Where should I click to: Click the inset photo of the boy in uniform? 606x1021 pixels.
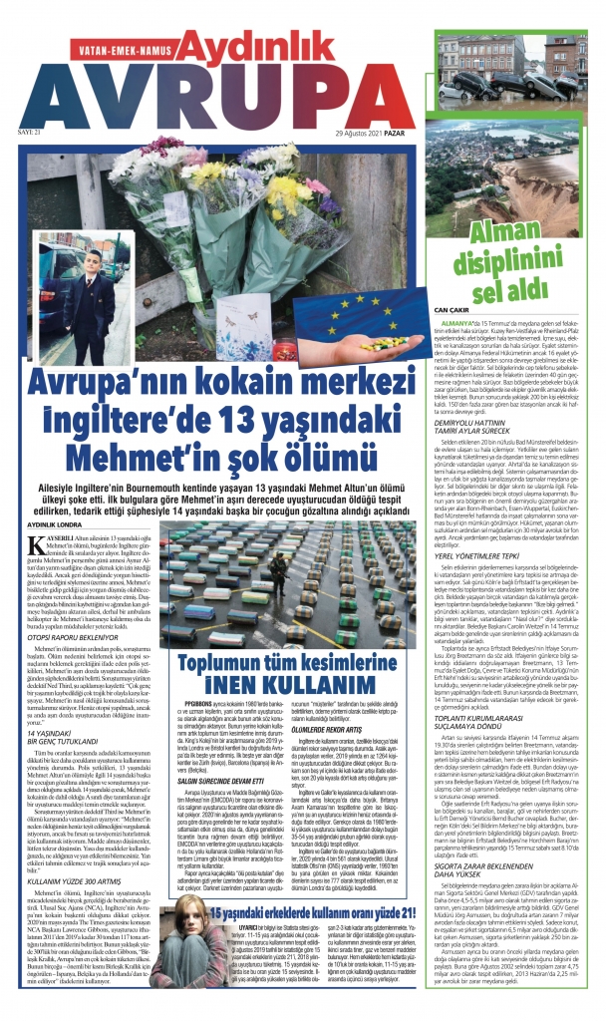pos(91,320)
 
